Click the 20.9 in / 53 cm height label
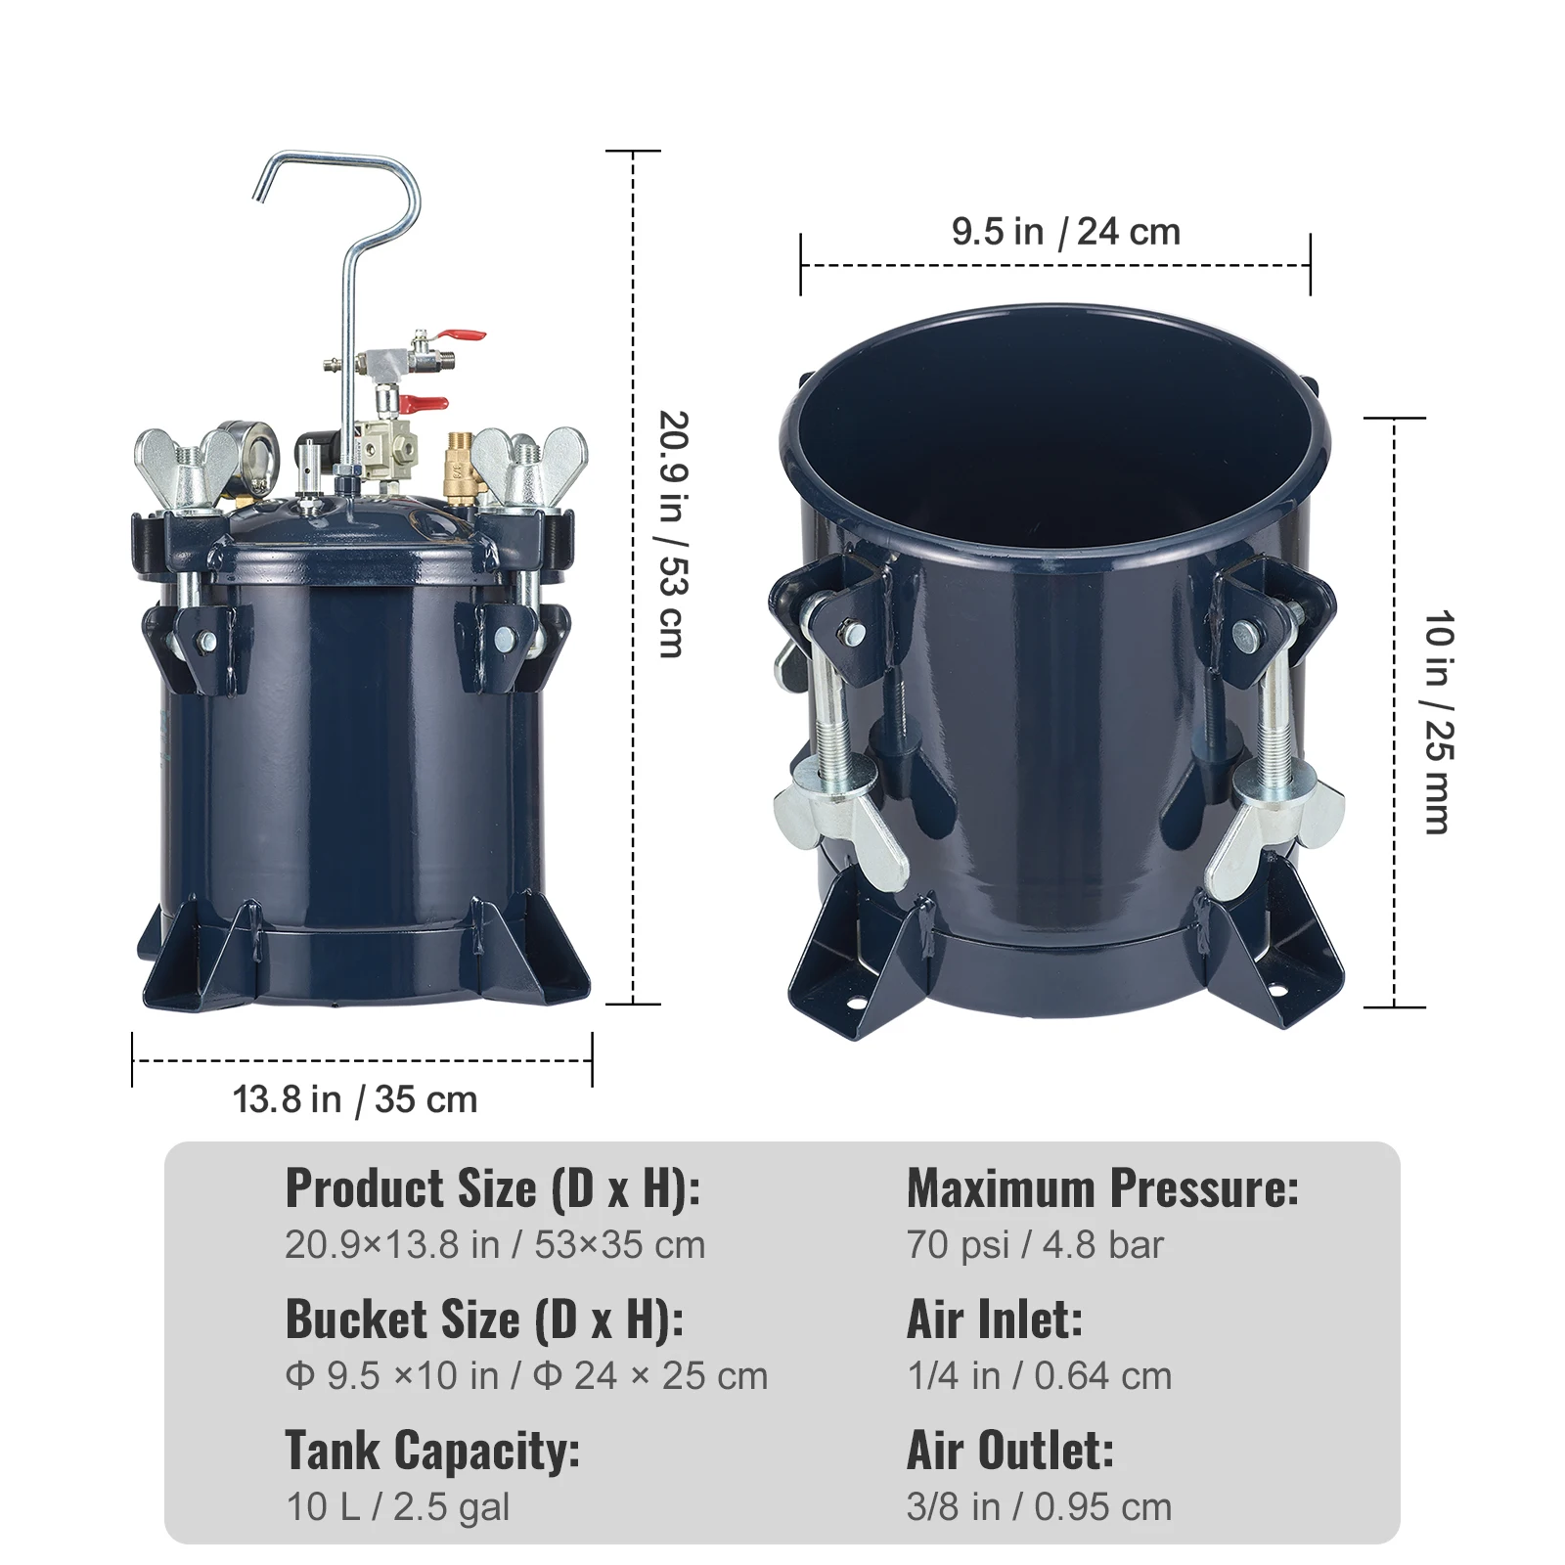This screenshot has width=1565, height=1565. coord(674,533)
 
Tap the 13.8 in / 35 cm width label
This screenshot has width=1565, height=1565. coord(355,1100)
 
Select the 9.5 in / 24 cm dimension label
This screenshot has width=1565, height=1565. coord(1066,232)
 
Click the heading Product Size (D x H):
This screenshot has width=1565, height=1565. coord(493,1188)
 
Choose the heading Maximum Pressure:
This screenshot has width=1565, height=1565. coord(1102,1188)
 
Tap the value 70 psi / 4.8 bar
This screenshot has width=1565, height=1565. coord(1035,1245)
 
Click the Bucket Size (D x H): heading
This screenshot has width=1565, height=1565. coord(484,1319)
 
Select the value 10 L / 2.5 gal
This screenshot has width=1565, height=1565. coord(397,1507)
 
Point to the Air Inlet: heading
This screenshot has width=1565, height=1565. coord(995,1319)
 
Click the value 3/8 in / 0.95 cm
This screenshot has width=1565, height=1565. coord(1039,1507)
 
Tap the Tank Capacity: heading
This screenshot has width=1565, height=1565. coord(432,1451)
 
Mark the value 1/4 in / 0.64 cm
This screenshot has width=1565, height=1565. coord(1039,1376)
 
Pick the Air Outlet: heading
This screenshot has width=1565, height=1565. coord(1010,1451)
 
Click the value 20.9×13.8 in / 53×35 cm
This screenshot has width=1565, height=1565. coord(495,1245)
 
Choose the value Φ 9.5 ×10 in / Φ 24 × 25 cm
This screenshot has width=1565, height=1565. coord(526,1376)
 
